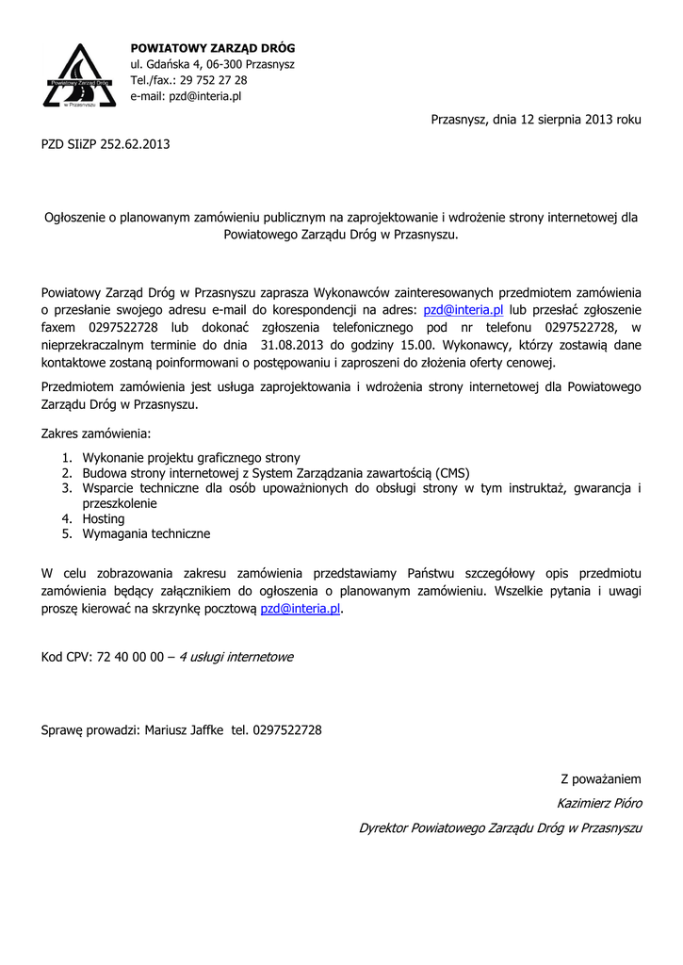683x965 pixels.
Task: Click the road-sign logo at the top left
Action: click(x=80, y=75)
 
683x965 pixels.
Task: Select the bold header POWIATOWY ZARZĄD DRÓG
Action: click(x=212, y=48)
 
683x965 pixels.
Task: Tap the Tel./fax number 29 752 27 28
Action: click(x=213, y=80)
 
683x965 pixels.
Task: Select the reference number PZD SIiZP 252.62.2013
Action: click(x=106, y=144)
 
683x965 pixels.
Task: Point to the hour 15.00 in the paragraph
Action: click(x=415, y=344)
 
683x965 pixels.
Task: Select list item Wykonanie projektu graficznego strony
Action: click(x=191, y=457)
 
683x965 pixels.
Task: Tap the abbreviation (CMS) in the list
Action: click(x=452, y=472)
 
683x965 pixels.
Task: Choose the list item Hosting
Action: click(x=104, y=518)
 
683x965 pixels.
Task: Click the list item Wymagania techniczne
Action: click(x=146, y=533)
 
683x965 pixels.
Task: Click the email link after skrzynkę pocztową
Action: click(x=300, y=609)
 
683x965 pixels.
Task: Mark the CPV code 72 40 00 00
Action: click(x=129, y=656)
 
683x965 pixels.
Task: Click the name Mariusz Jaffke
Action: click(x=184, y=729)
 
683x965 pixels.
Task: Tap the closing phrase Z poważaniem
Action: click(x=601, y=778)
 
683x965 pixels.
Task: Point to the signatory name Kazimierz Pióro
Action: click(x=599, y=803)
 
